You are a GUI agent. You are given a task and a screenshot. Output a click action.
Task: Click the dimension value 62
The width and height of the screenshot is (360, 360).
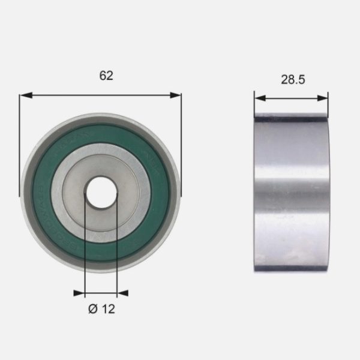[x=106, y=76]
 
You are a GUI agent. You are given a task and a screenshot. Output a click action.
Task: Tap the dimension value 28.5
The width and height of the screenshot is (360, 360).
[x=293, y=80]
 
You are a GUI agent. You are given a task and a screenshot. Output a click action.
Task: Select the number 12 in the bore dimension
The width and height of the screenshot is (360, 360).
[x=109, y=309]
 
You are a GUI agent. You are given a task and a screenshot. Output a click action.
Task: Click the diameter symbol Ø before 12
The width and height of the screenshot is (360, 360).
[x=93, y=309]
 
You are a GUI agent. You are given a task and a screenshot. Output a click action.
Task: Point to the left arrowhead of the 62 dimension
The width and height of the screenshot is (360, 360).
[x=26, y=95]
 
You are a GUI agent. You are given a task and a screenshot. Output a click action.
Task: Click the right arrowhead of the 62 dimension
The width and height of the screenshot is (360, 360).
[x=175, y=95]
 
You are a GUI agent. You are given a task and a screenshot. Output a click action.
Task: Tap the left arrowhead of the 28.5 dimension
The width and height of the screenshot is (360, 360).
[x=260, y=98]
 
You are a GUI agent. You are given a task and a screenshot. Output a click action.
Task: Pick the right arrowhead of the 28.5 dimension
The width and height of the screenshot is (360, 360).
[x=323, y=98]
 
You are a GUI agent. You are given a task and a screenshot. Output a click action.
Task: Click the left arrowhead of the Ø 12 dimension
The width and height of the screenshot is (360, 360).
[x=79, y=293]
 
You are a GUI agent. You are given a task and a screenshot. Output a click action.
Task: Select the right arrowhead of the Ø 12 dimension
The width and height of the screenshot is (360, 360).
[x=122, y=293]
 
